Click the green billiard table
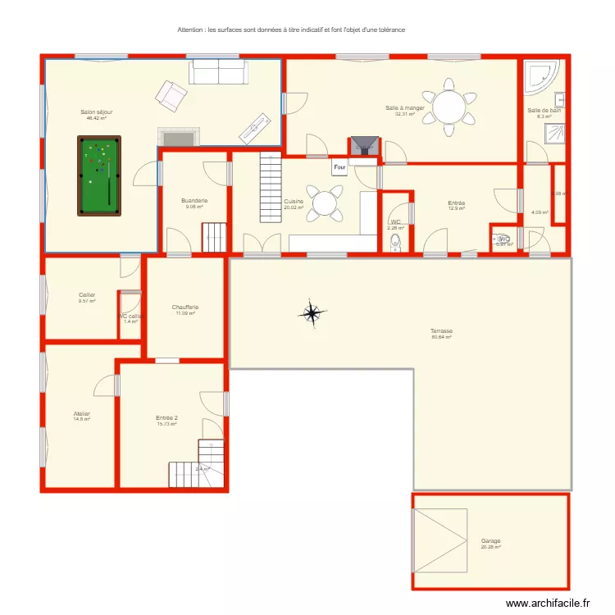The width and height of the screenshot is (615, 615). (x=99, y=175)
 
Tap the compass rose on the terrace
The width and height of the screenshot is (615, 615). (x=312, y=313)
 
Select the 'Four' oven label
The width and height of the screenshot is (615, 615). (x=339, y=166)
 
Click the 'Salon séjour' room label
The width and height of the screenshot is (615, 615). (x=97, y=112)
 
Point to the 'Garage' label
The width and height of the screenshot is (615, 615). (x=491, y=541)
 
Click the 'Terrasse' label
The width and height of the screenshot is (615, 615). (x=442, y=331)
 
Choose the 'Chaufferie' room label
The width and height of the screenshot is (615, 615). (x=185, y=307)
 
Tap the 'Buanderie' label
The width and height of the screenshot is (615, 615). (x=194, y=201)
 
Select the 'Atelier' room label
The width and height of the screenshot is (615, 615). (x=81, y=414)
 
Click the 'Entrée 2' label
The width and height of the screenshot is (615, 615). (x=167, y=417)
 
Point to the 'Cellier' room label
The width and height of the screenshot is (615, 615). (x=87, y=295)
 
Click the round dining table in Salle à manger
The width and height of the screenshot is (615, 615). (x=449, y=107)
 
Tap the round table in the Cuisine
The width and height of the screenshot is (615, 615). (x=326, y=203)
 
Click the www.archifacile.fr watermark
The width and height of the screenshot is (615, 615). (x=548, y=604)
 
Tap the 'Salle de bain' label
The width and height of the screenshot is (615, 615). (x=544, y=110)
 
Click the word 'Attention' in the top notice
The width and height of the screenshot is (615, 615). (x=191, y=30)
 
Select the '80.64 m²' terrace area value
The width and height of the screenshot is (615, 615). (x=442, y=337)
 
